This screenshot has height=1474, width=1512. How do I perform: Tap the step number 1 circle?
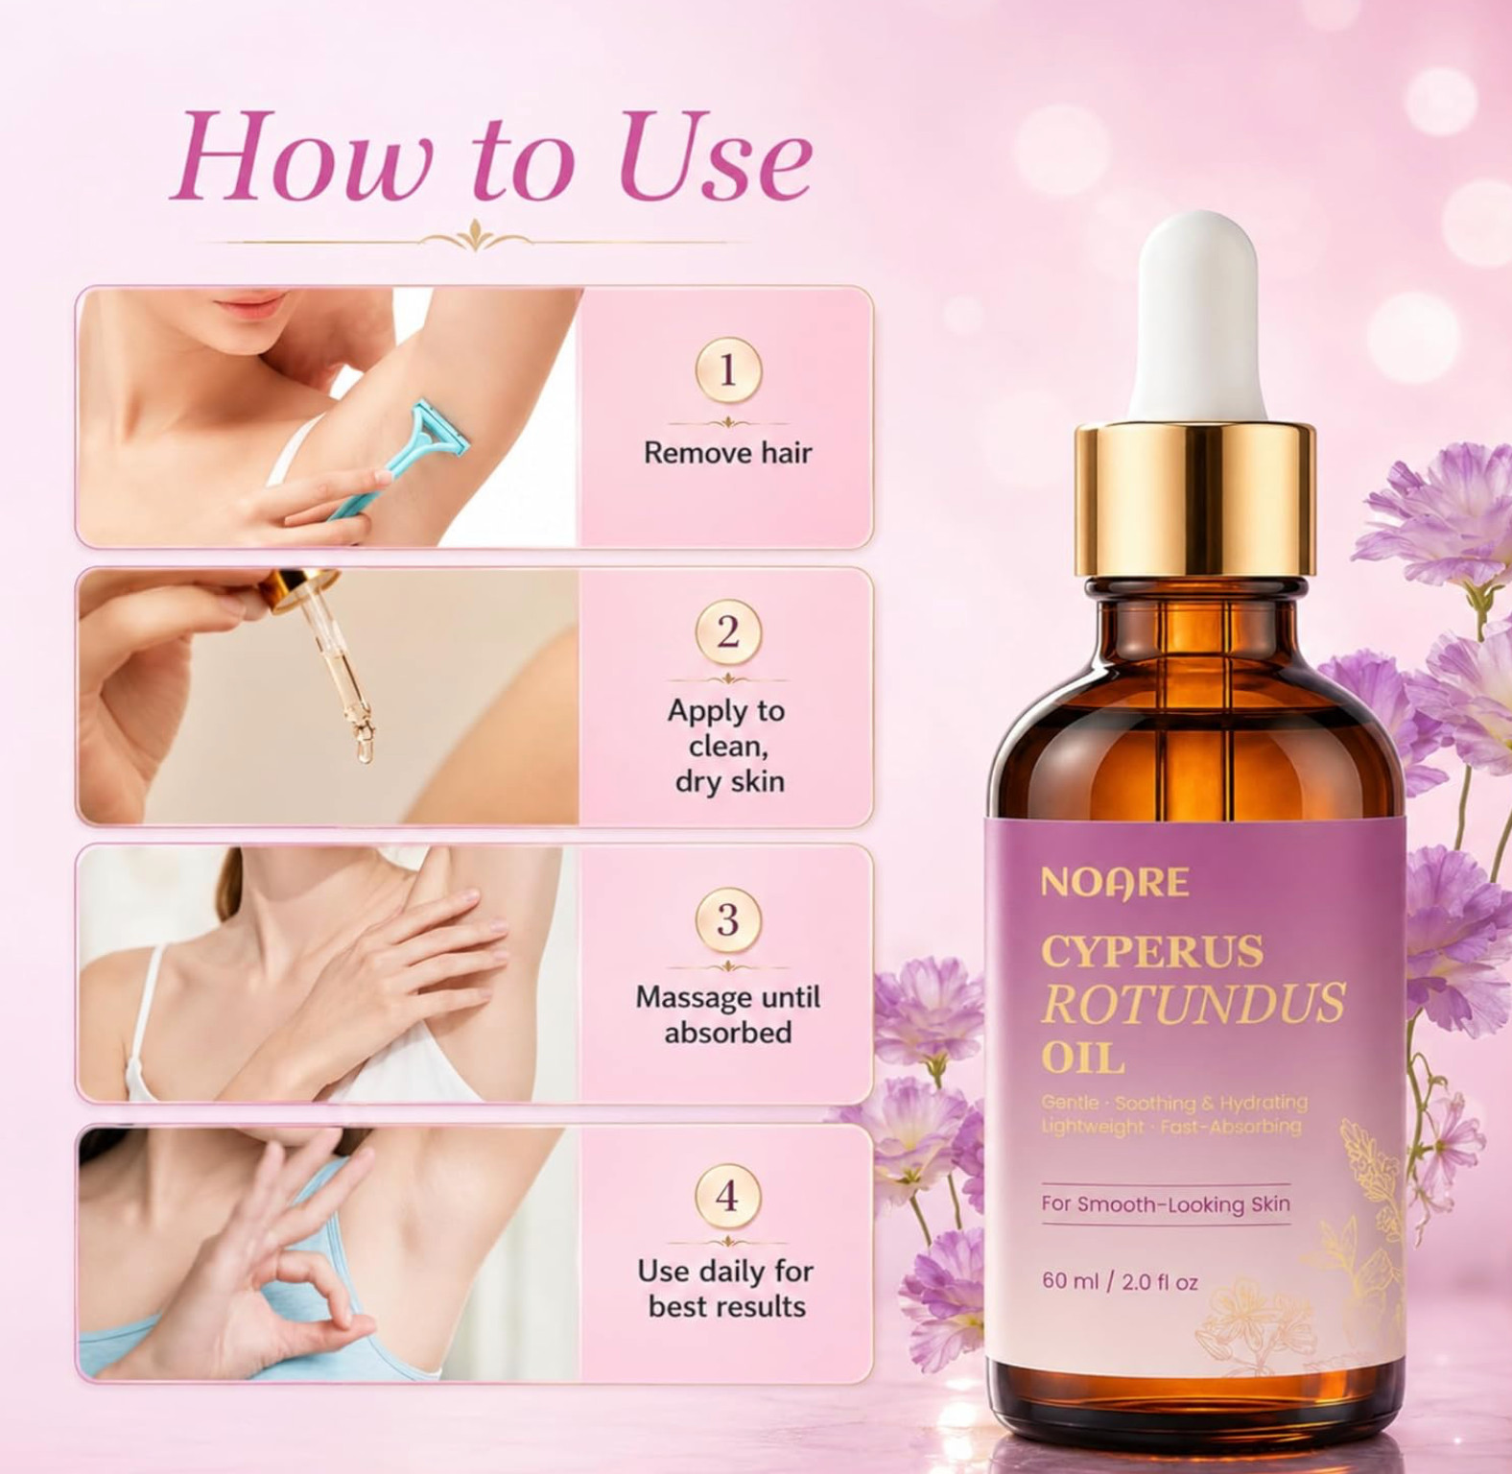pyautogui.click(x=727, y=370)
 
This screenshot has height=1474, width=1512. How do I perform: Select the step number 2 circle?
pyautogui.click(x=727, y=632)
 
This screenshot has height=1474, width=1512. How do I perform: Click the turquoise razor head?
pyautogui.click(x=436, y=434)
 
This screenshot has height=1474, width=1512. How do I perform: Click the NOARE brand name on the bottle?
pyautogui.click(x=1114, y=882)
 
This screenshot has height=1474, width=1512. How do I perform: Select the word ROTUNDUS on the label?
pyautogui.click(x=1193, y=1004)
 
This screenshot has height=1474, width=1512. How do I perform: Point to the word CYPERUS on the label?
pyautogui.click(x=1151, y=951)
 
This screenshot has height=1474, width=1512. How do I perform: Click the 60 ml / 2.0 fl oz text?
pyautogui.click(x=1120, y=1281)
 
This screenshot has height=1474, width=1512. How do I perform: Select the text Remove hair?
pyautogui.click(x=727, y=452)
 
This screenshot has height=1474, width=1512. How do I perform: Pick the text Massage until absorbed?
pyautogui.click(x=727, y=1014)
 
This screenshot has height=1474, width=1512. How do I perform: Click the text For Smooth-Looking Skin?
pyautogui.click(x=1166, y=1204)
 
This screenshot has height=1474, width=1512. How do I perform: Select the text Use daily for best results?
pyautogui.click(x=726, y=1289)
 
